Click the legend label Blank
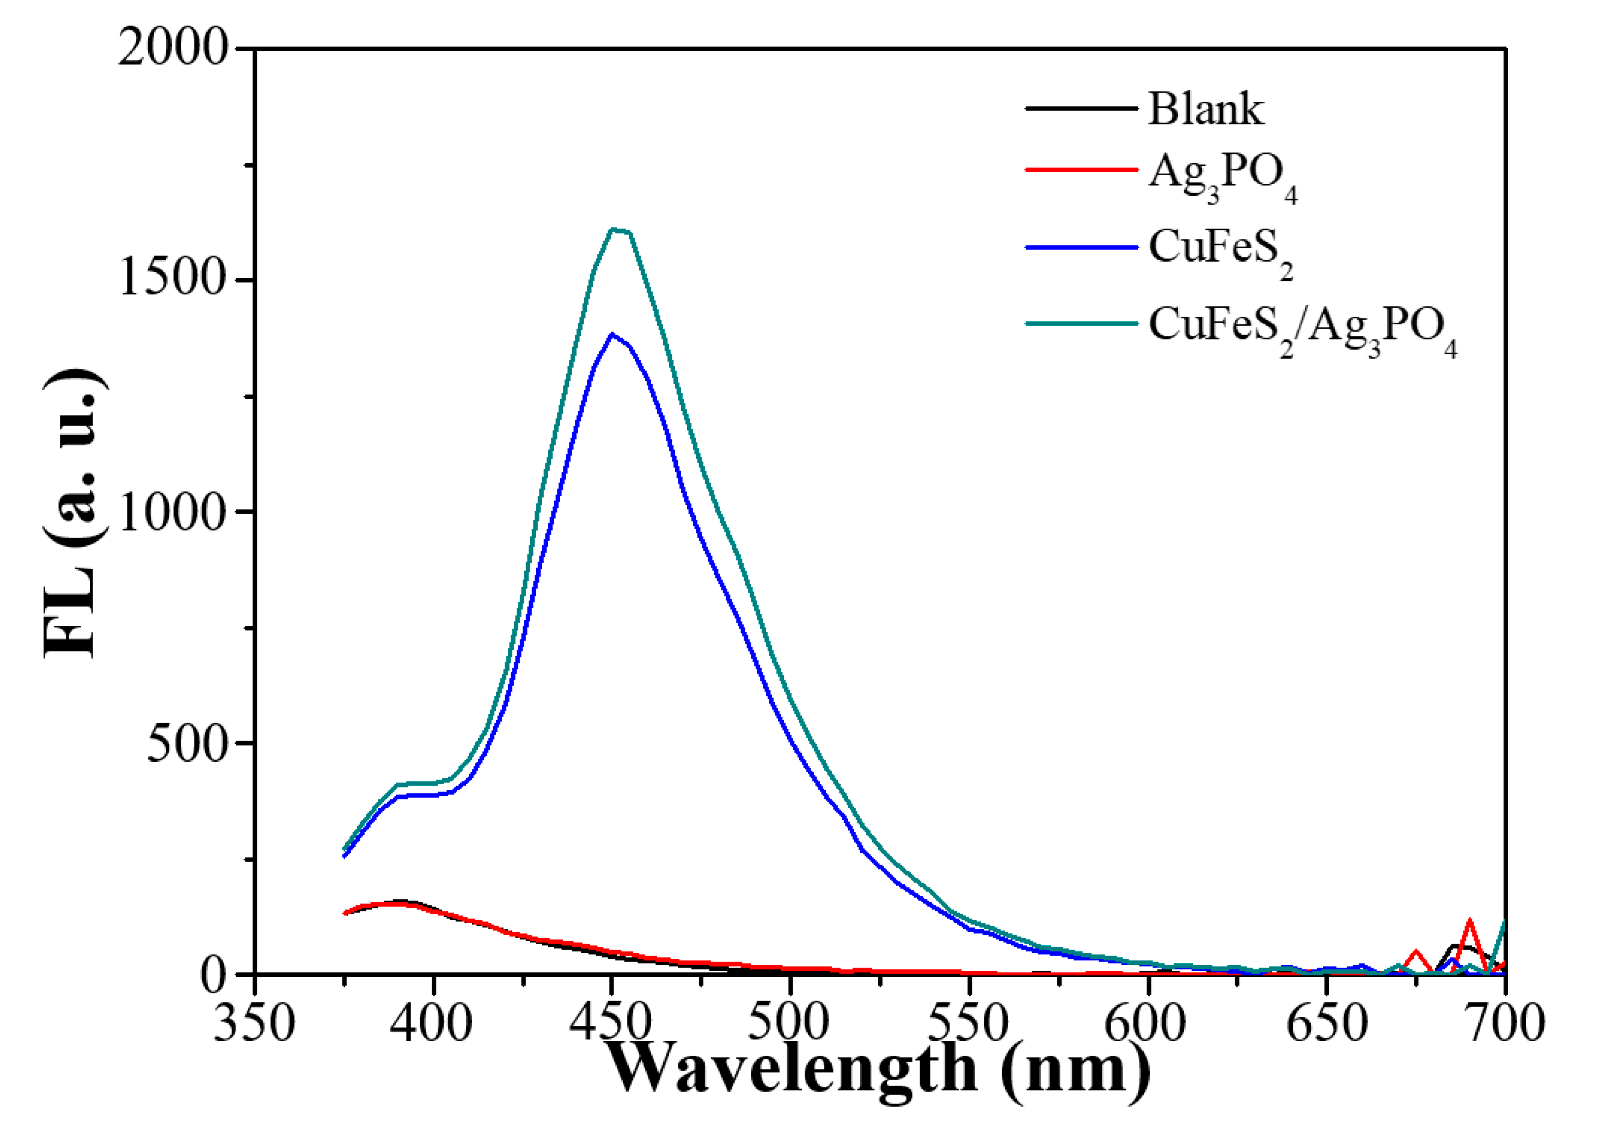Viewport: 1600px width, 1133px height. [1205, 109]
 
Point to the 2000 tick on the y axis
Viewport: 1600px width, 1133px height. [173, 49]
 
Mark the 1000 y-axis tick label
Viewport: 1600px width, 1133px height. [174, 512]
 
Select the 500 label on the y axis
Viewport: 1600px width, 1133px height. [188, 744]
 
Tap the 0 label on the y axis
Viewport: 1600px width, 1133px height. [214, 975]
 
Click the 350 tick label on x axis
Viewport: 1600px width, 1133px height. [254, 1025]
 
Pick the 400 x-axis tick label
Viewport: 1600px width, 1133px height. [432, 1025]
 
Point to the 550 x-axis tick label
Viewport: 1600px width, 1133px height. [968, 1025]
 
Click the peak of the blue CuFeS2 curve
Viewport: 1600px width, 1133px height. [612, 334]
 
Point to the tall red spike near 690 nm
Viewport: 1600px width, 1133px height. [1469, 922]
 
